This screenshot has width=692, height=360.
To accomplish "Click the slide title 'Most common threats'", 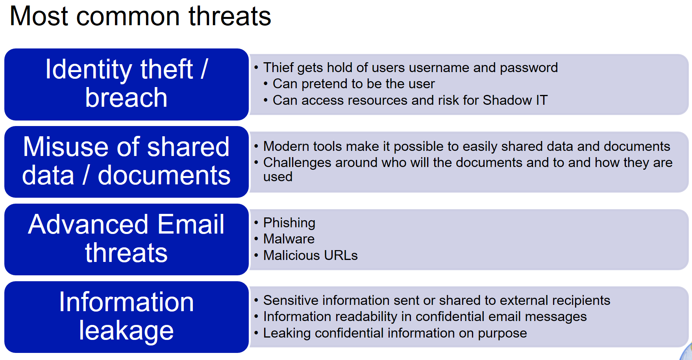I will click(x=140, y=17).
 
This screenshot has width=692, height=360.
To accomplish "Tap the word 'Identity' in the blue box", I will click(x=88, y=69).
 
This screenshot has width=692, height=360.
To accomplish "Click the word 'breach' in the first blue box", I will click(x=126, y=98).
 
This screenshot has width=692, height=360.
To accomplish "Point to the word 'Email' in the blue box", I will click(x=191, y=225).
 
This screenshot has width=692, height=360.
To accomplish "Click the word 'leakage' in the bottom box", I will click(x=126, y=330).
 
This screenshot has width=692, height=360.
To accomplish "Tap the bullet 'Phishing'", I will click(x=289, y=223).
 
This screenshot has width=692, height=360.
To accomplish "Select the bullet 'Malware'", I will click(x=289, y=239).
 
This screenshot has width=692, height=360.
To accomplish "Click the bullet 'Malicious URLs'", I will click(x=310, y=256).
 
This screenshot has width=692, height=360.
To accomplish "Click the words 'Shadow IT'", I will click(x=515, y=100).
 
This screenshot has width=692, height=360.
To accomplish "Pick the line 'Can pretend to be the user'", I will click(x=353, y=84).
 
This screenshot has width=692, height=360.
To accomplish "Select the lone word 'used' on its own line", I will click(x=278, y=177).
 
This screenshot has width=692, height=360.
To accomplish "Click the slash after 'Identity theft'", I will click(x=204, y=69).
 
